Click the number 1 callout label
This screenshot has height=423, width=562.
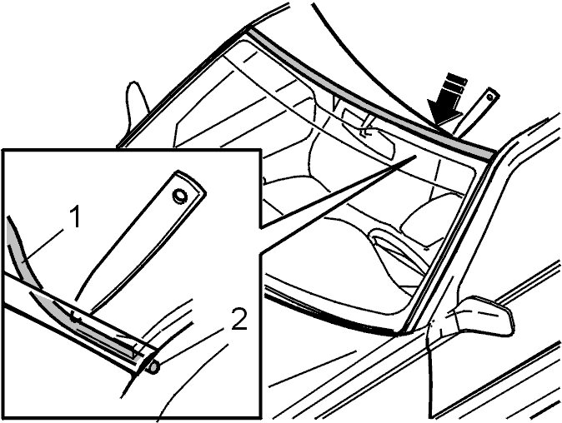[x=74, y=217]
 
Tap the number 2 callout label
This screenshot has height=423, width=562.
[x=239, y=319]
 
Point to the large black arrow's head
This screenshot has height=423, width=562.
[x=444, y=112]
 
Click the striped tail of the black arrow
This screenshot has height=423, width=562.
[x=455, y=86]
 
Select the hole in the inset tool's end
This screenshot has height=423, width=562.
[x=179, y=196]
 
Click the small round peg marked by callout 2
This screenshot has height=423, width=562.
[x=153, y=367]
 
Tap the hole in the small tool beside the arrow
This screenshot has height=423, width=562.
[x=489, y=96]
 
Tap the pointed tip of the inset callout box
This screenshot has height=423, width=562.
[x=416, y=156]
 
